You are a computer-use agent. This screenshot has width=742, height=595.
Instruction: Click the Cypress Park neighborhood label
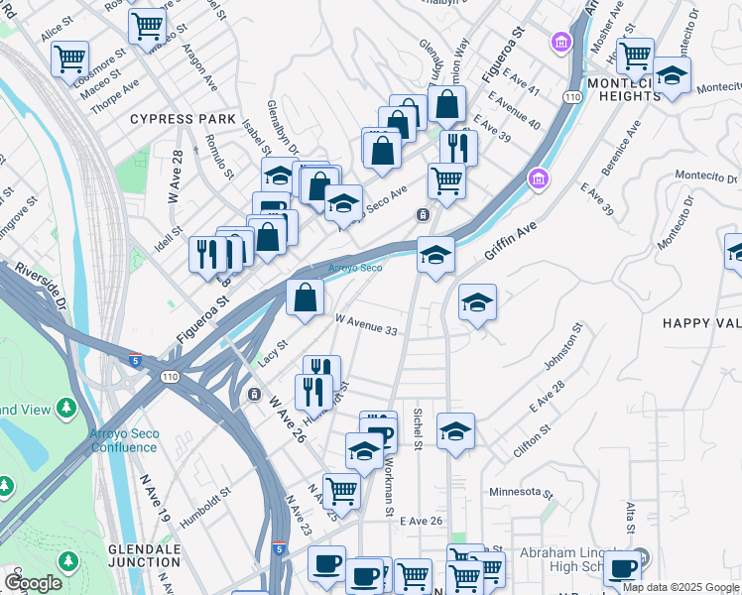click(x=183, y=119)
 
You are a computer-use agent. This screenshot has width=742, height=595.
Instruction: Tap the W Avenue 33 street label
click(x=366, y=323)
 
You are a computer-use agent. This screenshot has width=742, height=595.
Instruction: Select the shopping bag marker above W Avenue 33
click(x=306, y=296)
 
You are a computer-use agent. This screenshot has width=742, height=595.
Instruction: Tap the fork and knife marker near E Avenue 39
click(x=457, y=147)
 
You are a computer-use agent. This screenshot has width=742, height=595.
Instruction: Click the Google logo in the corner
click(x=34, y=583)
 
